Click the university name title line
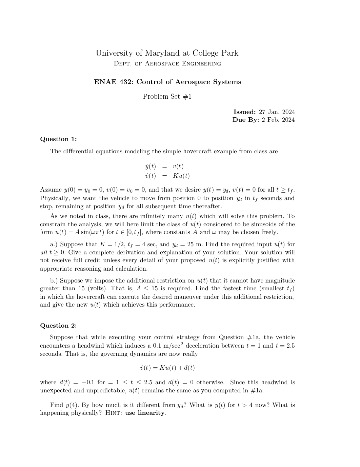click(167, 53)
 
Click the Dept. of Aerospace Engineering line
click(167, 63)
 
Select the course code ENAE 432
click(113, 82)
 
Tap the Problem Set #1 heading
click(167, 97)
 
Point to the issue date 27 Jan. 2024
click(277, 112)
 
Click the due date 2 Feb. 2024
click(278, 120)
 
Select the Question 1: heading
click(58, 139)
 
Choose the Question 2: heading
click(58, 326)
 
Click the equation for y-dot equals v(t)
click(164, 167)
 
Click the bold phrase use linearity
click(145, 413)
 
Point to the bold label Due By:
click(246, 120)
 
